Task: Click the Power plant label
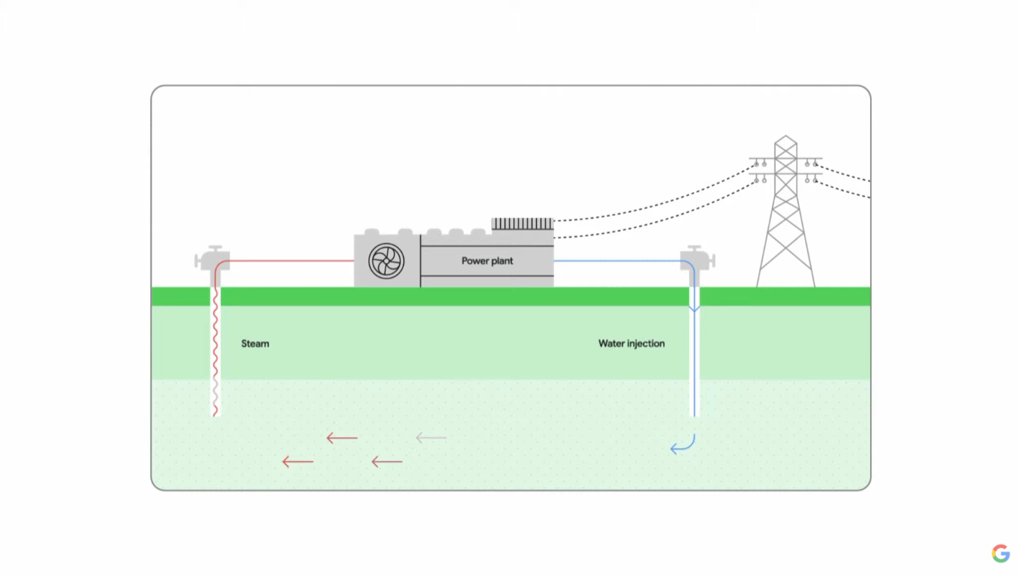487,261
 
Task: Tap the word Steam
255,344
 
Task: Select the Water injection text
631,344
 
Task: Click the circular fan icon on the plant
387,261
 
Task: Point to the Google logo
1000,553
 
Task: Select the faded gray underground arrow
431,438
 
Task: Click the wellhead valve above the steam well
212,258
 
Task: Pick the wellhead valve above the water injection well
698,257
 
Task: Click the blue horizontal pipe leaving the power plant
615,261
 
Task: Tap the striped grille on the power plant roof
522,224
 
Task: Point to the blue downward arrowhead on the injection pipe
693,308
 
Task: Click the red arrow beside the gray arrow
342,438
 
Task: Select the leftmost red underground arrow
297,462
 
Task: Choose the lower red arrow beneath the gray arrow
387,462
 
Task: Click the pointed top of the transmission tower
786,137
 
